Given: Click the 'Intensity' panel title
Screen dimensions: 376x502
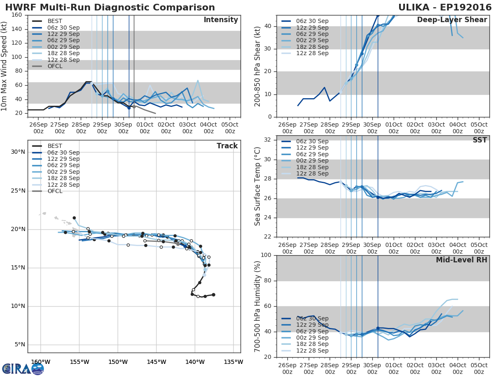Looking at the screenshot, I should pyautogui.click(x=221, y=20).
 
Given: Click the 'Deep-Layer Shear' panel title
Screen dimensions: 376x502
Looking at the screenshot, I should pyautogui.click(x=452, y=20).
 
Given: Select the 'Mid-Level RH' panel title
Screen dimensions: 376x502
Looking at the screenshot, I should pyautogui.click(x=461, y=260).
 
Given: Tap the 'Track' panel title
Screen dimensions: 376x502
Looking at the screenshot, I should pyautogui.click(x=227, y=146).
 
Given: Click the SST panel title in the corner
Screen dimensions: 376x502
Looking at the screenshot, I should pyautogui.click(x=479, y=140).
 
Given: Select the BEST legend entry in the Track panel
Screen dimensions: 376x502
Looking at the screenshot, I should pyautogui.click(x=55, y=146).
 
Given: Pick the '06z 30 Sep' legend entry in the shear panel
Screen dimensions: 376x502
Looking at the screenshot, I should pyautogui.click(x=312, y=21).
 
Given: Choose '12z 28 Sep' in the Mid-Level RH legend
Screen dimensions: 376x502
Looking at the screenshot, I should pyautogui.click(x=312, y=351).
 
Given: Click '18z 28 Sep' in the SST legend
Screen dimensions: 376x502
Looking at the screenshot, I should pyautogui.click(x=312, y=167).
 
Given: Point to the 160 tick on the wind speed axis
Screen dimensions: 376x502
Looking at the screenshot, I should pyautogui.click(x=17, y=15).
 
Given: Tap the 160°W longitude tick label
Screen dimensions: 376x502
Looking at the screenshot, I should pyautogui.click(x=41, y=362).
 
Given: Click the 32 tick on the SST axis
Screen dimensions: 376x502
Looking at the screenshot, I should pyautogui.click(x=268, y=140).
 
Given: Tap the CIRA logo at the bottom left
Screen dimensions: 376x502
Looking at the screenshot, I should pyautogui.click(x=23, y=368).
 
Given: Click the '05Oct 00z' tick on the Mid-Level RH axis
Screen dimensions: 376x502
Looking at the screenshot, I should pyautogui.click(x=479, y=366).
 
